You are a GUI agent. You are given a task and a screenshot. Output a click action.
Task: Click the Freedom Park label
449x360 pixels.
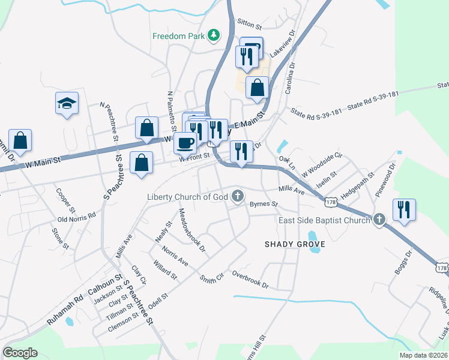point(179,36)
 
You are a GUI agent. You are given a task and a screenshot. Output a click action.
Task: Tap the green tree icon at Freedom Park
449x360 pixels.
point(213,36)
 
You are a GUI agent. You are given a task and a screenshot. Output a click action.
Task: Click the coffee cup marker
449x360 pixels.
point(185,143)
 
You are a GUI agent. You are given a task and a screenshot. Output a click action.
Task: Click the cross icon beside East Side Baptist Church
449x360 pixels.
point(379,220)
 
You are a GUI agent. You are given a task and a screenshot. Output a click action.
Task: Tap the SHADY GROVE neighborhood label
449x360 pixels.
point(295,244)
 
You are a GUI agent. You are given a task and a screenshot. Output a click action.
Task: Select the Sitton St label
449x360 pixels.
point(250,27)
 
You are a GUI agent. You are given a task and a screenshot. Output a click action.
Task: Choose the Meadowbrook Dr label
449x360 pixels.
point(192,229)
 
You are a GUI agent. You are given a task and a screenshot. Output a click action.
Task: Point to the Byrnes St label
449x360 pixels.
point(264,204)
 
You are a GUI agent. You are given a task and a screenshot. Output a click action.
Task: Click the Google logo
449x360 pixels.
point(20,353)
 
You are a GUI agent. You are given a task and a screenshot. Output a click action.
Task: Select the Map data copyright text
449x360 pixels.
point(423,355)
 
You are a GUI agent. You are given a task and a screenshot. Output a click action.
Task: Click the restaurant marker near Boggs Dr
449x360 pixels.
point(403,210)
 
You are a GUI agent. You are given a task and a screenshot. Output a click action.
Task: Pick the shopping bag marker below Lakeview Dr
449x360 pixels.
point(257,88)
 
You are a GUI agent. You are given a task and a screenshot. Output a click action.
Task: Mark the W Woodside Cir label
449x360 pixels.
point(321,164)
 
